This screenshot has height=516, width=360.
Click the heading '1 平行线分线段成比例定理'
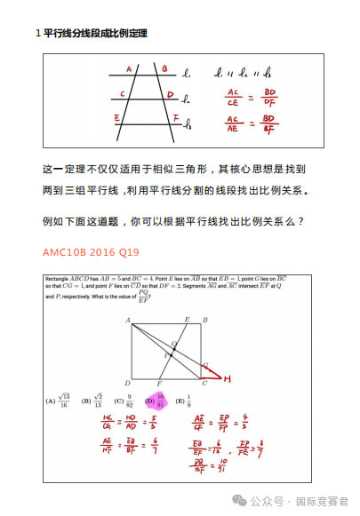tap(91, 34)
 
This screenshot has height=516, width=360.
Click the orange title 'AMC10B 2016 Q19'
tap(91, 252)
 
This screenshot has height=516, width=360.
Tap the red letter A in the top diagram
tap(129, 68)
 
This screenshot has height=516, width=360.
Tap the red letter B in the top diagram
tap(165, 67)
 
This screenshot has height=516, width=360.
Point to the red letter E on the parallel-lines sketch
tap(117, 116)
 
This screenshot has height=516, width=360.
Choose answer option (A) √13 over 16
tap(59, 401)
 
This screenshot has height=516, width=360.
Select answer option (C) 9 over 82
tap(124, 401)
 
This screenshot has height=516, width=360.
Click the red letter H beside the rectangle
tap(227, 379)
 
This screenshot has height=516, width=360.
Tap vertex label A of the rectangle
tap(128, 319)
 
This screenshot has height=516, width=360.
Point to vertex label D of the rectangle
tap(128, 384)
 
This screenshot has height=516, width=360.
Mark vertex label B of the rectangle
tap(205, 319)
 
